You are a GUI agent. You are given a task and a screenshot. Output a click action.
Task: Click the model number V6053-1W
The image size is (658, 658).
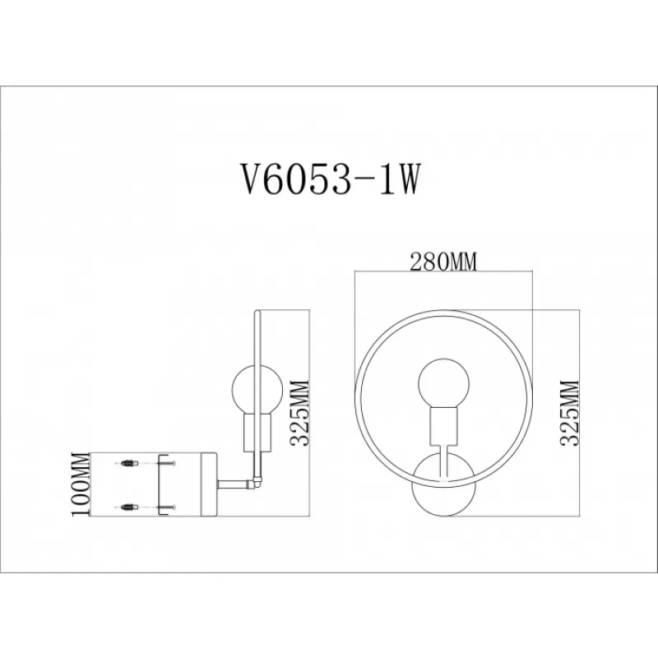coord(330,179)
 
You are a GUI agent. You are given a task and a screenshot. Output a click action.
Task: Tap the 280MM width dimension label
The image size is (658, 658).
coord(443,262)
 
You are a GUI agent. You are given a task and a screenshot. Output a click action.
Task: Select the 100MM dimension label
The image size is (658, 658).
coord(81,484)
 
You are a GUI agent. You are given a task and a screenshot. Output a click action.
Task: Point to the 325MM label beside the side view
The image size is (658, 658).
coord(299,414)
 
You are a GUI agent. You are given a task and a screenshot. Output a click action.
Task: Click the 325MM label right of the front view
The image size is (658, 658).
coord(569,414)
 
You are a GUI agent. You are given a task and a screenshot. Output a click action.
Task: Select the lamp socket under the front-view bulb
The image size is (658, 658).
coord(443,427)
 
